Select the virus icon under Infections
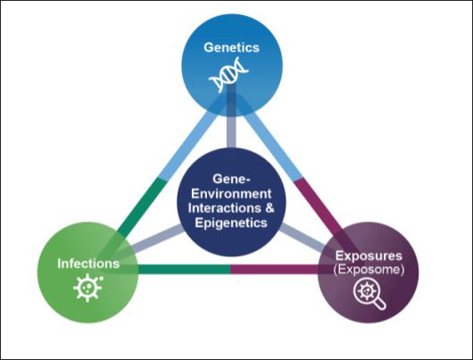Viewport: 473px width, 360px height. click(x=87, y=289)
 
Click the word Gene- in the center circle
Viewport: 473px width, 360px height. click(x=232, y=179)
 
